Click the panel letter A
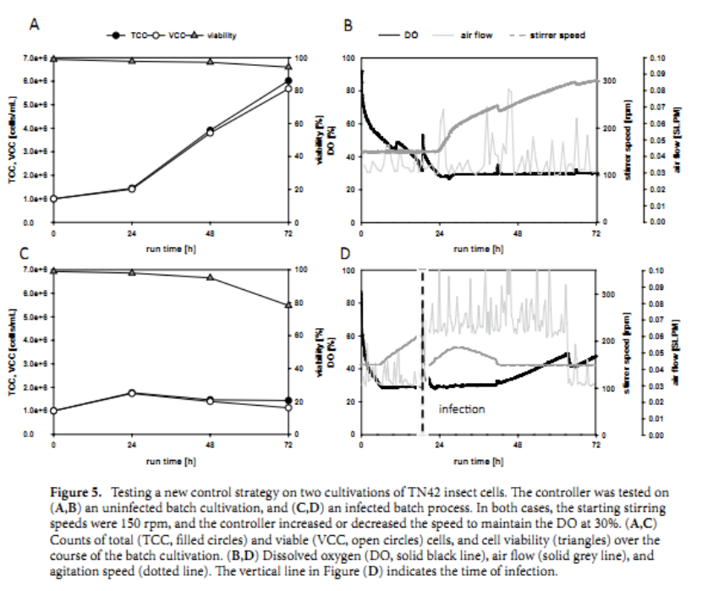pyautogui.click(x=36, y=25)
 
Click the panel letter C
pyautogui.click(x=36, y=253)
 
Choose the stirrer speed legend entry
pyautogui.click(x=557, y=36)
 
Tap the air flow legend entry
pyautogui.click(x=477, y=36)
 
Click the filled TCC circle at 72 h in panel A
pyautogui.click(x=288, y=81)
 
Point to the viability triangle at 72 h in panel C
pyautogui.click(x=288, y=305)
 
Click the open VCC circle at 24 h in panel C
pyautogui.click(x=131, y=393)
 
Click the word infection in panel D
pyautogui.click(x=461, y=409)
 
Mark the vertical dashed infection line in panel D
pyautogui.click(x=421, y=355)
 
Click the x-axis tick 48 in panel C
pyautogui.click(x=210, y=444)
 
